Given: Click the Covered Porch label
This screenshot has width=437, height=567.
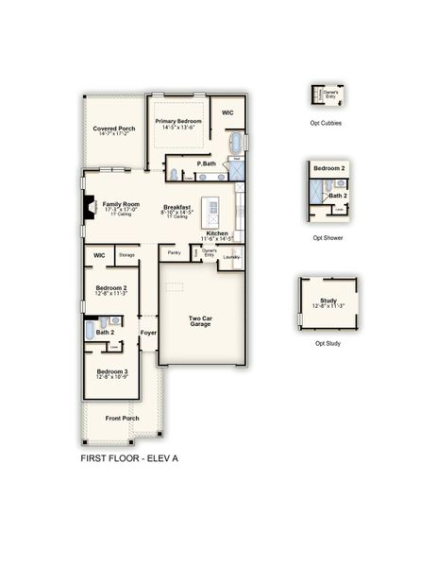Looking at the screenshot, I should point(113,129).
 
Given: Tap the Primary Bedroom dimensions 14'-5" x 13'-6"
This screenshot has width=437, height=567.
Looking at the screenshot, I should point(178,127).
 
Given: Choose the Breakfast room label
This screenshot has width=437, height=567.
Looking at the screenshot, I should point(177,207).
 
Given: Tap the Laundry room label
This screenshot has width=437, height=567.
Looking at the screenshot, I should point(231,256).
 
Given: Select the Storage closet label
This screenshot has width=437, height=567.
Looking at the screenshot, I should point(126,255).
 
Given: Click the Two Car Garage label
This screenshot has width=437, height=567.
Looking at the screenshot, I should point(199,321).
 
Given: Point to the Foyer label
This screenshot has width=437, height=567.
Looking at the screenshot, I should point(148,333).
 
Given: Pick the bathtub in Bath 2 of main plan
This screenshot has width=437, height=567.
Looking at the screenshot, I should point(91,329).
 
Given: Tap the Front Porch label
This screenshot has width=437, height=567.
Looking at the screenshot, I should point(122,418).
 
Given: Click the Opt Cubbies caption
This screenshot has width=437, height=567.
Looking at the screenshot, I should point(328,123).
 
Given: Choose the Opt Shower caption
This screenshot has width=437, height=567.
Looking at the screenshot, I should point(328,238).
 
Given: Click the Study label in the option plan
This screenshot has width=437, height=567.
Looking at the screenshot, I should point(328,301).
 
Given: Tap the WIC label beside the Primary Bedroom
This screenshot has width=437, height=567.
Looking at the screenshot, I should point(227,112).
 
